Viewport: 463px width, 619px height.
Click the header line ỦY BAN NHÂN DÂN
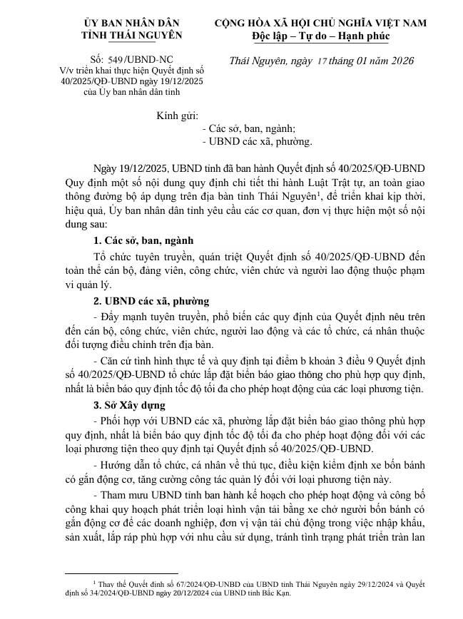click(131, 23)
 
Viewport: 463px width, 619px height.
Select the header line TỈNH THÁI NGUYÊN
click(131, 35)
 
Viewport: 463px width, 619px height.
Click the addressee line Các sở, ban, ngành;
click(249, 129)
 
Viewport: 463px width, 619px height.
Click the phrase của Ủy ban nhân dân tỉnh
click(131, 91)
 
